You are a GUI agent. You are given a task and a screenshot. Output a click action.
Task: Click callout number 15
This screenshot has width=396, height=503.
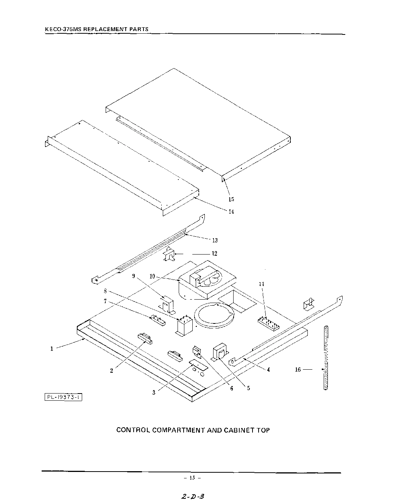(x=231, y=200)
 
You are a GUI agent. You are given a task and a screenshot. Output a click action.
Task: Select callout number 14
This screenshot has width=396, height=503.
(x=231, y=212)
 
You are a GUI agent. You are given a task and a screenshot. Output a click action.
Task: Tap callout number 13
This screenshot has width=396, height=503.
(x=215, y=240)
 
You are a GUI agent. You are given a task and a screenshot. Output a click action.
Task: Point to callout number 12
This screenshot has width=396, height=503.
(x=214, y=254)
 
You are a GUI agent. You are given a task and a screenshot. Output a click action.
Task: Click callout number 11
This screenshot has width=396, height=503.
(x=262, y=284)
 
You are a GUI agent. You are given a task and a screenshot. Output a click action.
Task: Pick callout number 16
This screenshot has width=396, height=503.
(x=298, y=369)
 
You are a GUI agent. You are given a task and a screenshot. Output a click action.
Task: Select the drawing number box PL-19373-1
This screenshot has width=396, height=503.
(x=64, y=397)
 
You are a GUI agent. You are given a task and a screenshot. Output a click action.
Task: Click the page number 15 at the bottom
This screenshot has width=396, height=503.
(x=192, y=478)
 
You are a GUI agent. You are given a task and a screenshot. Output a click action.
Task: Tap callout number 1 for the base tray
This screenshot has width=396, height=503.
(x=52, y=349)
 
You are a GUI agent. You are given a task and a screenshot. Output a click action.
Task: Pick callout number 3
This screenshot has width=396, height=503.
(x=154, y=393)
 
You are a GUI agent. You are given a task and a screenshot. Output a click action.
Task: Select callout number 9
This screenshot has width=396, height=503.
(x=133, y=276)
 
